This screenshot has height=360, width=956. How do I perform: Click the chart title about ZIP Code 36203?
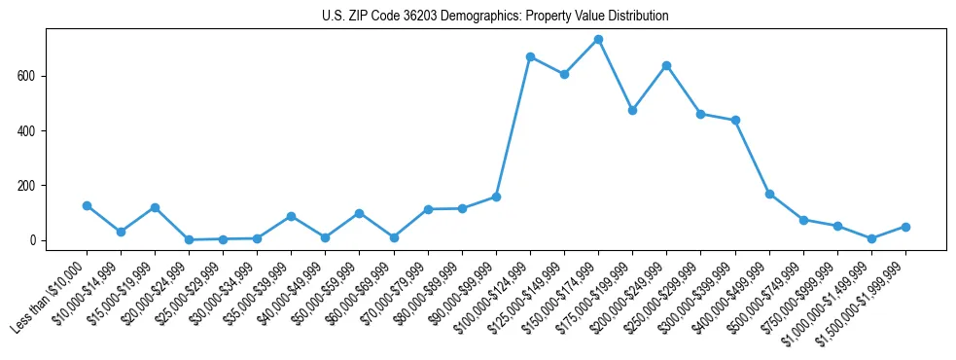click(495, 17)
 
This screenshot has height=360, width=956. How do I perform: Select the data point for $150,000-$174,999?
click(598, 40)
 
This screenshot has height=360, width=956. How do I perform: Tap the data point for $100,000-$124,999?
click(530, 56)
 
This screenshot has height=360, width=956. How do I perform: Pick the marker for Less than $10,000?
click(87, 205)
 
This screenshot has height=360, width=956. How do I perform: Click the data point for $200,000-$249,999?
click(666, 65)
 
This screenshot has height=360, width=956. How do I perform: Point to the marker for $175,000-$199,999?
click(632, 110)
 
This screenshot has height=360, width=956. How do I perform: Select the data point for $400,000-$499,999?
click(769, 194)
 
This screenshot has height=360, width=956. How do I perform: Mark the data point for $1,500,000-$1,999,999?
click(905, 227)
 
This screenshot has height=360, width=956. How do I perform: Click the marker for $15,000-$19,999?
click(155, 207)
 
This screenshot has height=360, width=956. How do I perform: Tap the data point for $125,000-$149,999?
click(564, 74)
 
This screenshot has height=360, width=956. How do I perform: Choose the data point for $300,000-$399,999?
click(735, 121)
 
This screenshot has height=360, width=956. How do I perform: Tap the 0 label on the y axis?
click(33, 240)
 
